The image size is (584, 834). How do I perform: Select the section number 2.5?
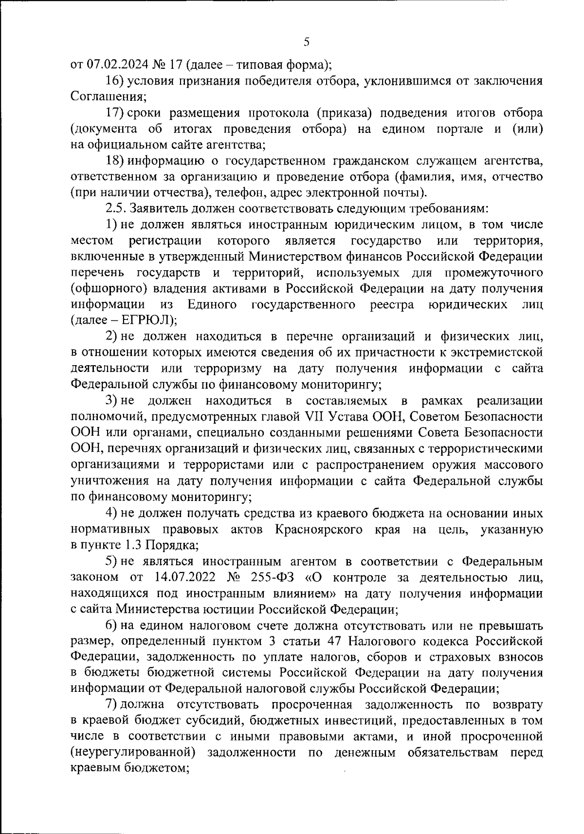pyautogui.click(x=115, y=209)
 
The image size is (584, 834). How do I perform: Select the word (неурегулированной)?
pyautogui.click(x=133, y=753)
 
